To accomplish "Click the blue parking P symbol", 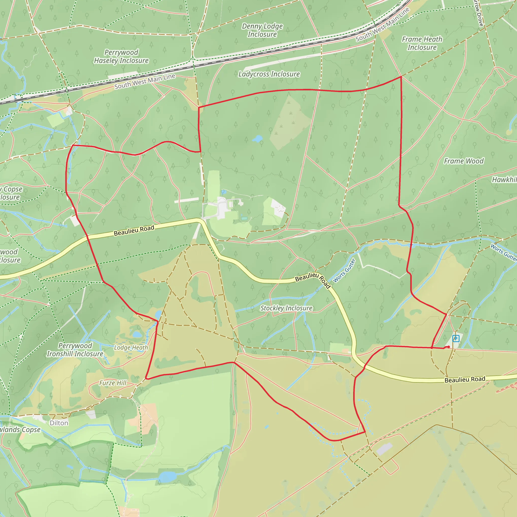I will coord(456,339).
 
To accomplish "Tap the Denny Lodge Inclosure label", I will coord(262,30).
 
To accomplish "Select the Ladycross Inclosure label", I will coord(269,74).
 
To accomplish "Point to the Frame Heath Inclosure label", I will coord(422,43).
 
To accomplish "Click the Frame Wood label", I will coord(464,161).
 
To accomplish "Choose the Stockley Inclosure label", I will coord(286,308).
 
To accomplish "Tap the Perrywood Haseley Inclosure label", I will coord(121,57).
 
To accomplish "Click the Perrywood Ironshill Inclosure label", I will coord(75,350).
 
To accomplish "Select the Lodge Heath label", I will coord(131,348).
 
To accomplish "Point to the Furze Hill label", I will coord(113,383).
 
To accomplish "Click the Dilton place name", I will coord(59,423).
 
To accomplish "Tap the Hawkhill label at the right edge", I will coord(505,179).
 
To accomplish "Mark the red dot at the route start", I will coord(449,347).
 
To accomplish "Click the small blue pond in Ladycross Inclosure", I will coord(257,139).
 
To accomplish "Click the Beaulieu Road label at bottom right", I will coord(465,379).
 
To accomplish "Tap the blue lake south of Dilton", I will coord(167,477).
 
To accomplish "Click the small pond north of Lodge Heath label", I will coord(137,334).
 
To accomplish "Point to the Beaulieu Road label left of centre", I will coord(134,230).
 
